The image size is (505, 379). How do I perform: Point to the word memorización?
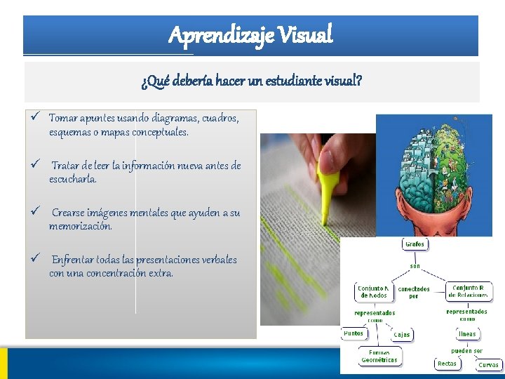click(x=81, y=226)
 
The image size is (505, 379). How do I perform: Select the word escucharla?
click(x=73, y=179)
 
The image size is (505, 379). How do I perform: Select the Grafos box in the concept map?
click(x=414, y=244)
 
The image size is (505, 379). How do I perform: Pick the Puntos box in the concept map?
click(x=353, y=333)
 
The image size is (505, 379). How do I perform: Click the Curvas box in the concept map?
click(x=488, y=364)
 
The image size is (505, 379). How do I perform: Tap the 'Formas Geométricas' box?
click(x=379, y=357)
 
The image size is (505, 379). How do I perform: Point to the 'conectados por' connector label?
click(x=414, y=293)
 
